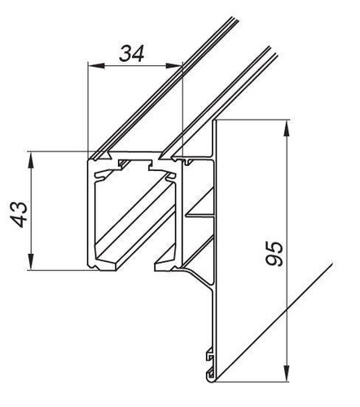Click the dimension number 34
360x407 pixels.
(133, 55)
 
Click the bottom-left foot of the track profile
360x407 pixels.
(99, 264)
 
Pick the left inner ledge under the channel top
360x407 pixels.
(104, 174)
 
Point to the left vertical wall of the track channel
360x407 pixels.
(89, 216)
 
